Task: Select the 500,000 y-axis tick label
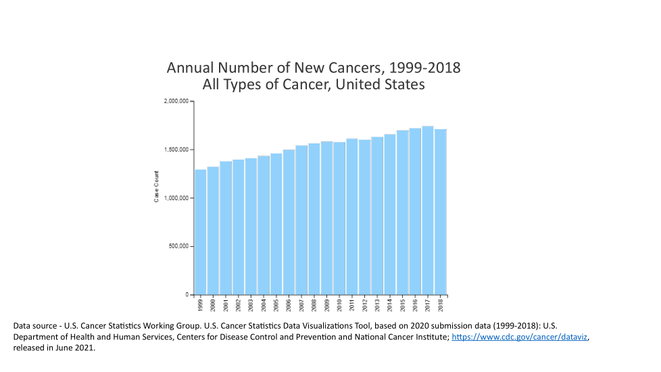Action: pyautogui.click(x=179, y=246)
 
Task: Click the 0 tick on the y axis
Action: pyautogui.click(x=187, y=295)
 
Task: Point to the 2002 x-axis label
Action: pyautogui.click(x=239, y=305)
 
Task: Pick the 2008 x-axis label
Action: pyautogui.click(x=314, y=305)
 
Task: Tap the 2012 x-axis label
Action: pyautogui.click(x=365, y=305)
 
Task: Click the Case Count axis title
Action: pyautogui.click(x=157, y=190)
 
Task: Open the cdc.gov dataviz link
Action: pyautogui.click(x=520, y=337)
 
